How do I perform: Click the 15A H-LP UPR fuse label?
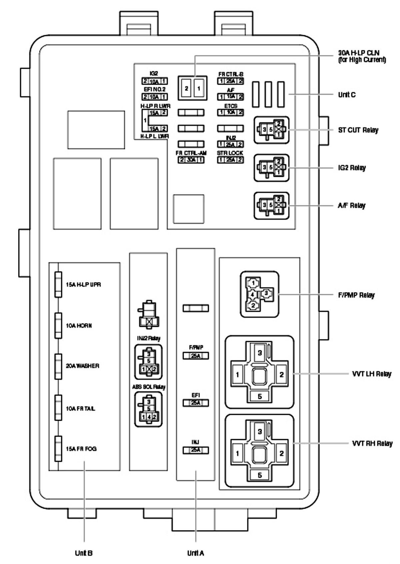click(83, 285)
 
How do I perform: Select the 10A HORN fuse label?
click(79, 326)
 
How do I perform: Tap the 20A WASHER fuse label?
click(82, 366)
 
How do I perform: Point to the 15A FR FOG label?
click(81, 449)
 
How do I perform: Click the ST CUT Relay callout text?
click(358, 130)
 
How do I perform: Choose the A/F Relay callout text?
click(351, 206)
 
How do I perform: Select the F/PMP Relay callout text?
click(356, 295)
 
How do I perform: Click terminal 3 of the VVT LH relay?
click(260, 353)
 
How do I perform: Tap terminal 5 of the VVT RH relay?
click(260, 475)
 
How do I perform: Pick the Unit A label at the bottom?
click(196, 553)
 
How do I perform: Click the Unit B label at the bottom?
click(84, 553)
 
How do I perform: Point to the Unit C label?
click(347, 95)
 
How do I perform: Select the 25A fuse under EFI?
click(196, 403)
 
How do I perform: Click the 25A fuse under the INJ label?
click(196, 450)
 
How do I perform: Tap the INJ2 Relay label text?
click(149, 338)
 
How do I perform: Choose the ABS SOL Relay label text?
click(149, 387)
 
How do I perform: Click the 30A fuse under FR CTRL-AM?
click(191, 160)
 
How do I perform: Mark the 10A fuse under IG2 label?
click(154, 81)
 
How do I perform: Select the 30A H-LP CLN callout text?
click(362, 56)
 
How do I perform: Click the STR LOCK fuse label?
click(230, 153)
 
